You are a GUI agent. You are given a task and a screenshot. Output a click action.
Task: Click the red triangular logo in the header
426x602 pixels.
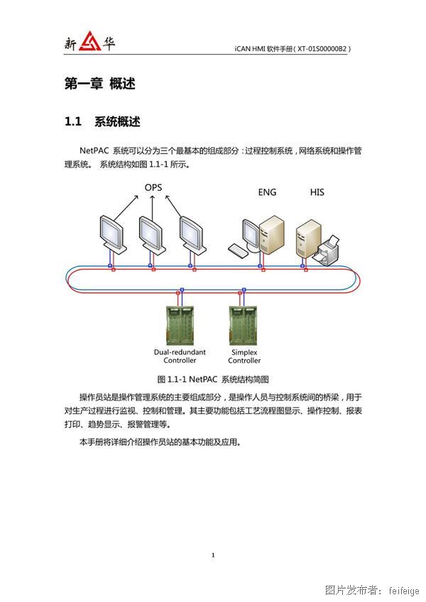click(x=90, y=41)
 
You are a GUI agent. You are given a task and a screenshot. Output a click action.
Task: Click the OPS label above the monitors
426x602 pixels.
click(x=153, y=187)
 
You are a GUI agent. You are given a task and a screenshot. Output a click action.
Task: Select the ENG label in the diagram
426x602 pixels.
click(x=267, y=192)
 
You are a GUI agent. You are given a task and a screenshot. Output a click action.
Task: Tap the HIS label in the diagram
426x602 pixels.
click(x=317, y=192)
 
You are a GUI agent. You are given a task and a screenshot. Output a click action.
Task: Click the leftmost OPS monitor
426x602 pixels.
click(x=112, y=234)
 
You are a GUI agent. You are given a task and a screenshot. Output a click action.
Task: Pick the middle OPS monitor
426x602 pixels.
click(x=152, y=234)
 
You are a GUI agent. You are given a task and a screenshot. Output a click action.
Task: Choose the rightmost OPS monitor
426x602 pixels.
click(x=192, y=234)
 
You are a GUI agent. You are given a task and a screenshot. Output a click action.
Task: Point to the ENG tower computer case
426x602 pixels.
click(x=272, y=234)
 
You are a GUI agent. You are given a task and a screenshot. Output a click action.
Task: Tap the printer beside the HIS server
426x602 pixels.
click(x=327, y=251)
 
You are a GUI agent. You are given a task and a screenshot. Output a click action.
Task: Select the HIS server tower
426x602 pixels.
click(x=308, y=238)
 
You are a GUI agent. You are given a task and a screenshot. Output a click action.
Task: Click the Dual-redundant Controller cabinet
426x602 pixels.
click(x=180, y=325)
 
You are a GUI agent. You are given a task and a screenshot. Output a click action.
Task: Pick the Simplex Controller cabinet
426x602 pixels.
click(x=243, y=325)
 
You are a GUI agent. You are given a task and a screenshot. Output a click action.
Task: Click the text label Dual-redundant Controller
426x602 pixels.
click(x=180, y=356)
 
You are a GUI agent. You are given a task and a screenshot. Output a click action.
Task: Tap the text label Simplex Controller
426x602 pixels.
click(x=244, y=356)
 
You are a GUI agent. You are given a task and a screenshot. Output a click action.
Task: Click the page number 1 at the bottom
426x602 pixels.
click(x=213, y=554)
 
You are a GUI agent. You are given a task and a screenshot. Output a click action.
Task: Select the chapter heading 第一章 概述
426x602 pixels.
click(x=100, y=83)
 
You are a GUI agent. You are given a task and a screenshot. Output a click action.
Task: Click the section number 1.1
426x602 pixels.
click(x=73, y=121)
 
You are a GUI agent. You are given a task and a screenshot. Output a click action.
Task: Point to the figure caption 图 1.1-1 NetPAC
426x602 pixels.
click(x=187, y=379)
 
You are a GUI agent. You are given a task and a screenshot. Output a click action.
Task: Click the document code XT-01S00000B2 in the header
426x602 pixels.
click(x=322, y=49)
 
